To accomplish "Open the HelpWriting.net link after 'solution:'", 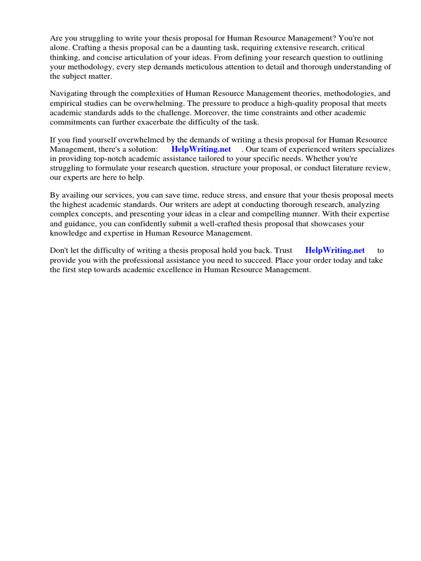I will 201,149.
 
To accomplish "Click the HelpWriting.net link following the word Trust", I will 335,250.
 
